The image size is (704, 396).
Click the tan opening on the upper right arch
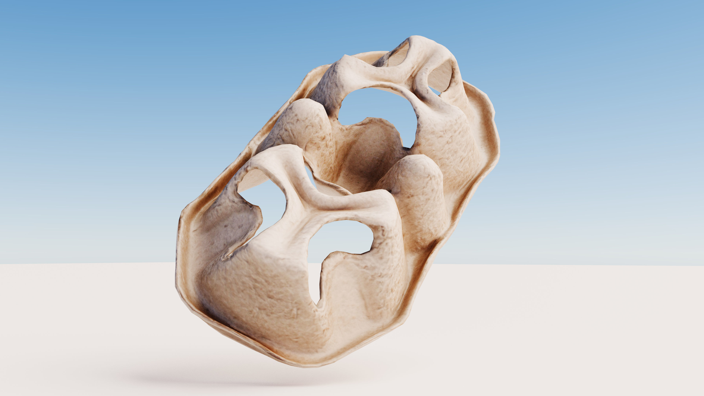(x=440, y=75)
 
